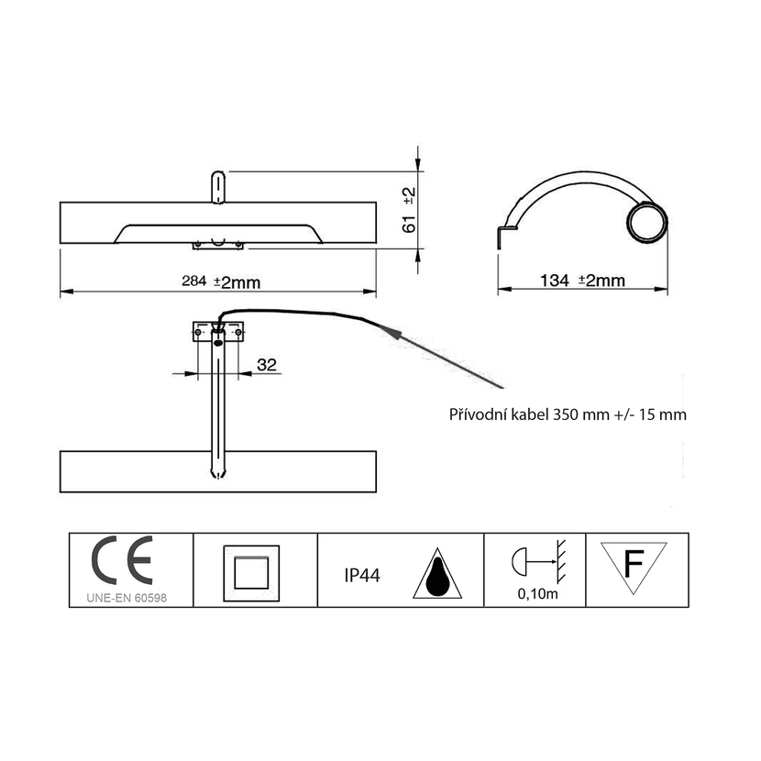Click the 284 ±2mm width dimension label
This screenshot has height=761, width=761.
(221, 281)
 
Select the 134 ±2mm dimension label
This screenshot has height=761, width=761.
(582, 280)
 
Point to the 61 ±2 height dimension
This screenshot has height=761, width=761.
(409, 210)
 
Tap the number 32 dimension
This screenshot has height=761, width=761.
(267, 365)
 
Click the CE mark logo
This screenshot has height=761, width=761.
(122, 560)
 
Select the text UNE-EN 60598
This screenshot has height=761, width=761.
(127, 598)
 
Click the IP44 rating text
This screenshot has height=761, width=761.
(362, 576)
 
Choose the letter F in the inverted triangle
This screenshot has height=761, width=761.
(634, 564)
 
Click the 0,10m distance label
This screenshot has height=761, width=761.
(538, 593)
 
